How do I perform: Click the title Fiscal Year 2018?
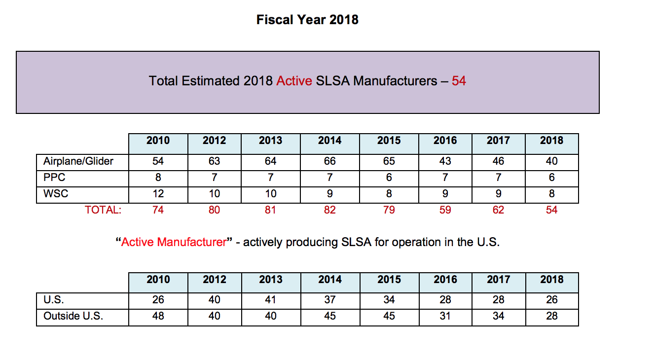point(307,20)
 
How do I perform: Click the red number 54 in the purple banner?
point(459,81)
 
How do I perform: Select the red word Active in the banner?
point(294,81)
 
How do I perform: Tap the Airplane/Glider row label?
point(78,161)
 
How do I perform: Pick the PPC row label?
point(54,178)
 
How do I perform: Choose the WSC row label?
point(56,194)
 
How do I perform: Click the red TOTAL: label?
point(103,210)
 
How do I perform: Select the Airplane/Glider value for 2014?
point(329,161)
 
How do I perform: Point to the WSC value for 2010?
point(158,194)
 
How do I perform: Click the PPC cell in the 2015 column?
point(389,178)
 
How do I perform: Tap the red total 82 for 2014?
point(329,210)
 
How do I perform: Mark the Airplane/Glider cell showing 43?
point(445,161)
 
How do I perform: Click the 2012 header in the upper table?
point(214,141)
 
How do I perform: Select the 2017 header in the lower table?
point(498,280)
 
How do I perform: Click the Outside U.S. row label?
point(73,316)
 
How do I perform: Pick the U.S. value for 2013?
point(270,300)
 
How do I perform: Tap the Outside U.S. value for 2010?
point(158,316)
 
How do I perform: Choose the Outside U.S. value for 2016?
point(445,316)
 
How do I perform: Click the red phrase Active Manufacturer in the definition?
point(174,243)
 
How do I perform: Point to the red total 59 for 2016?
point(445,210)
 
